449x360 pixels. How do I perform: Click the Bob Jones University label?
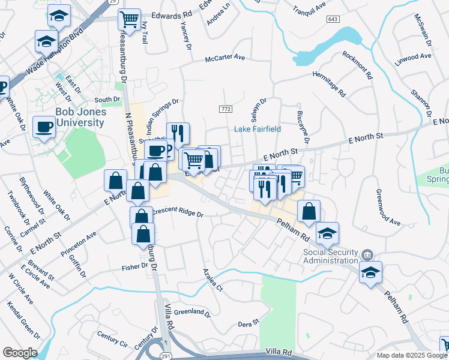click(80, 117)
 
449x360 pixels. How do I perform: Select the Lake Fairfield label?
click(258, 129)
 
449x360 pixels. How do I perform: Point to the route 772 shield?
click(226, 109)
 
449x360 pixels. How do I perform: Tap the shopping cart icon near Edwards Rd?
click(129, 20)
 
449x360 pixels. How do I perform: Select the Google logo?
click(20, 352)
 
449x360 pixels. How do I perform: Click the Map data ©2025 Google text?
click(411, 355)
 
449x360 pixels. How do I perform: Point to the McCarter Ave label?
click(225, 58)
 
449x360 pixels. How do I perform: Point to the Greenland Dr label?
click(191, 313)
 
